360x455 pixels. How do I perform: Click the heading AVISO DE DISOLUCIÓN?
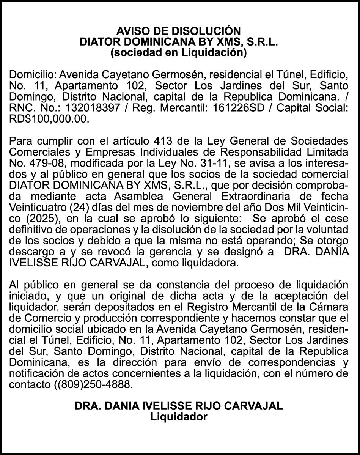[x=178, y=31]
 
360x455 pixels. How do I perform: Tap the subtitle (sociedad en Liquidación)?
[x=178, y=53]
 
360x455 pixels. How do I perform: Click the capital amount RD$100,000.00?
[x=49, y=118]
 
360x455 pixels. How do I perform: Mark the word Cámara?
[x=332, y=306]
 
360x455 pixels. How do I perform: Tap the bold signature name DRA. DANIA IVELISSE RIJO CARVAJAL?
[x=179, y=406]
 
